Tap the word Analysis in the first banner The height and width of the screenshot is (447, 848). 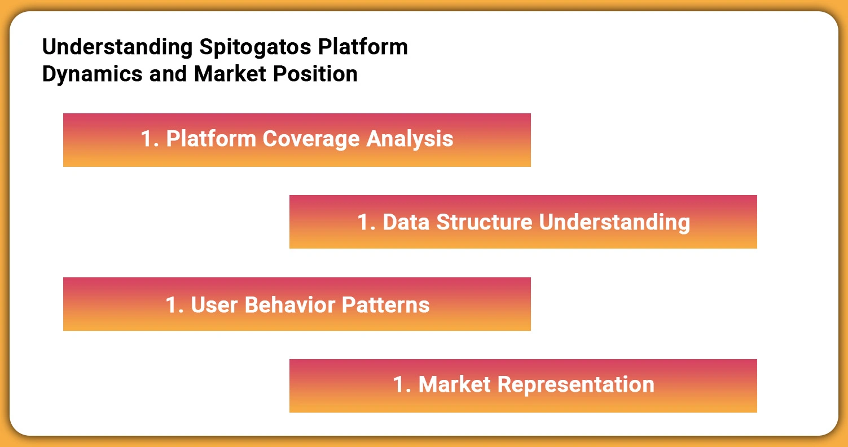pyautogui.click(x=410, y=139)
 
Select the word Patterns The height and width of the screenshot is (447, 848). pyautogui.click(x=386, y=305)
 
